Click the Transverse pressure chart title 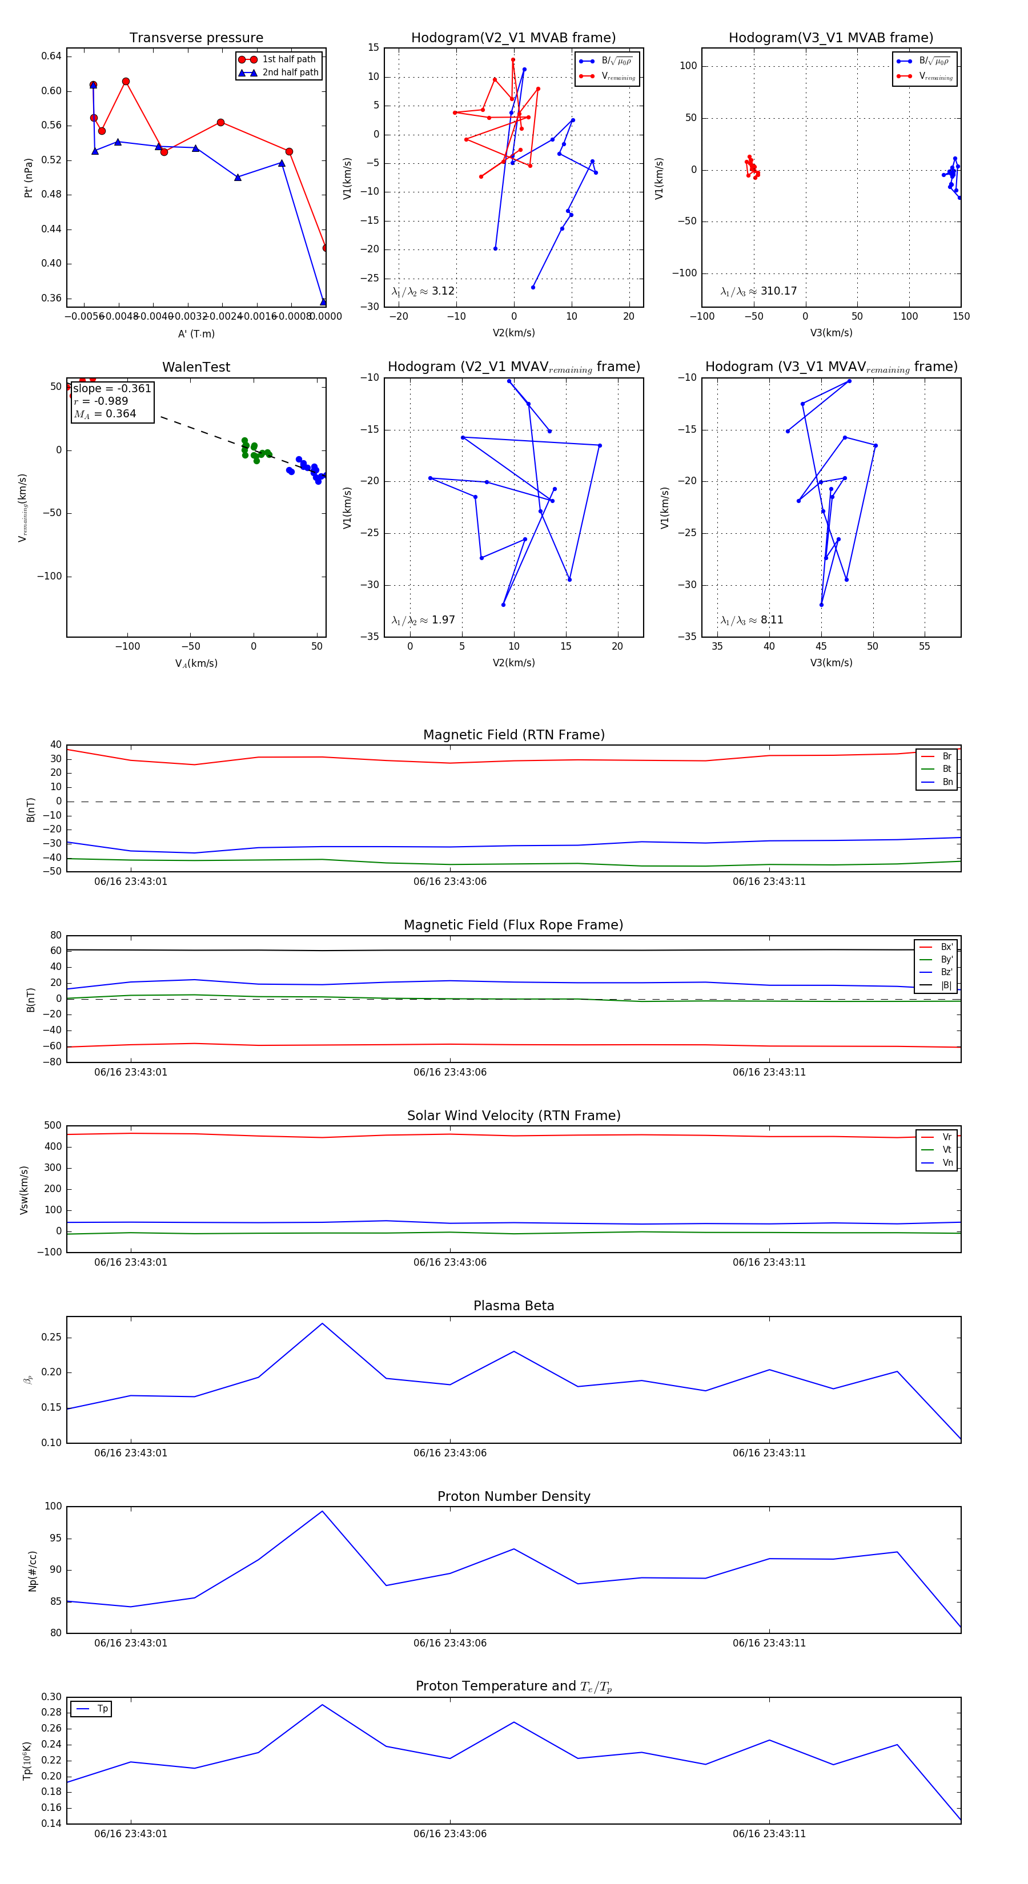pos(196,38)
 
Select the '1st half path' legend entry pos(288,59)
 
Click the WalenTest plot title pos(196,367)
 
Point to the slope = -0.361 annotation pos(112,388)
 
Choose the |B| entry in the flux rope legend pos(945,985)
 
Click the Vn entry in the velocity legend pos(947,1163)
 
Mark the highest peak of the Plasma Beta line pos(322,1323)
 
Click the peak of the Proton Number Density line pos(322,1511)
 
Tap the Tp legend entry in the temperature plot pos(102,1709)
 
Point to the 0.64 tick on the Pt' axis pos(51,57)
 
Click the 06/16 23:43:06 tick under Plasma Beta pos(449,1452)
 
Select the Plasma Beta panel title pos(513,1306)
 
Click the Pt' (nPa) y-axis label pos(29,178)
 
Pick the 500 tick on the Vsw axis pos(53,1126)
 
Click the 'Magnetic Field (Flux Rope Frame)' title pos(513,925)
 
